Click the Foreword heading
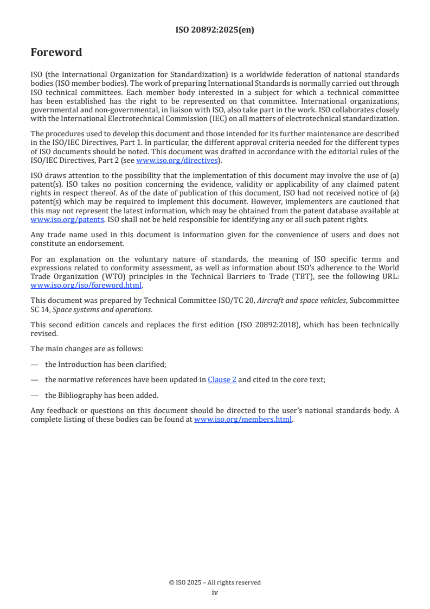pos(56,53)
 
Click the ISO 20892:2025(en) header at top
pos(215,30)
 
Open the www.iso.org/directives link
pos(176,160)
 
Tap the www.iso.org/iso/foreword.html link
pos(86,285)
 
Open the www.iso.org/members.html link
pos(243,420)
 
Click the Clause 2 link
pos(222,380)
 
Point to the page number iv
pos(215,592)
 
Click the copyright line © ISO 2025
pos(215,582)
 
